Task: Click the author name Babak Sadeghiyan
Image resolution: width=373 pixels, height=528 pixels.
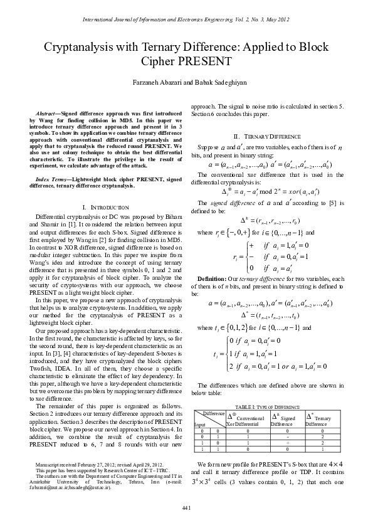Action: click(206, 82)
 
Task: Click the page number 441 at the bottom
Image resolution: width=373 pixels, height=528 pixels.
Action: click(186, 507)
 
